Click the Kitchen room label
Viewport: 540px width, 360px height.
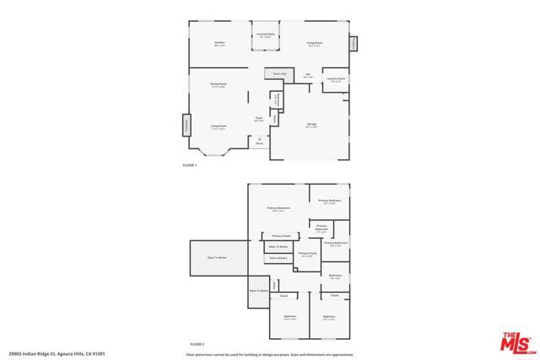(x=219, y=42)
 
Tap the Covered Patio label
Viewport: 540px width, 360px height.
(x=266, y=35)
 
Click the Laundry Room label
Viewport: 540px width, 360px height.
(x=336, y=79)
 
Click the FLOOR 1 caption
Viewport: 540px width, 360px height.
(x=189, y=165)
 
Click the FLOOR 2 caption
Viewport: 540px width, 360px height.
(x=197, y=344)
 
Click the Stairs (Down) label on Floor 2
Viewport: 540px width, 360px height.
(x=278, y=258)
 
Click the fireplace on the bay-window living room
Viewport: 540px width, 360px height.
(x=186, y=125)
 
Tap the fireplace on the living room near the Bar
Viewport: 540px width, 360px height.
(x=354, y=42)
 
